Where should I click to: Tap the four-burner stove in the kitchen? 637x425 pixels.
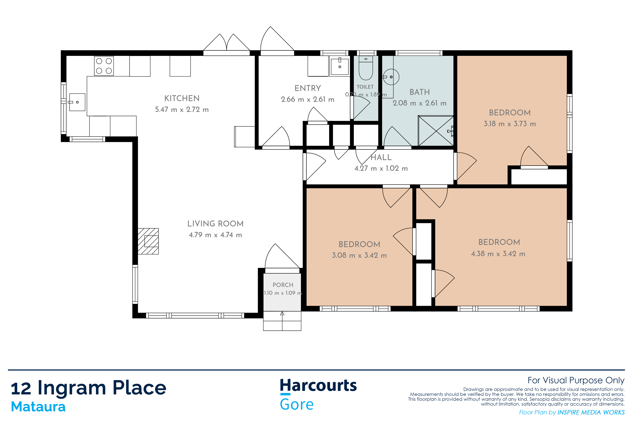pos(104,66)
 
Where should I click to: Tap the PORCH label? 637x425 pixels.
pos(283,285)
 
